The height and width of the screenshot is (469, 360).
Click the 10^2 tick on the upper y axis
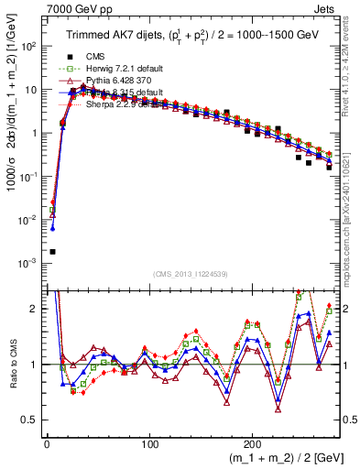[x=28, y=46]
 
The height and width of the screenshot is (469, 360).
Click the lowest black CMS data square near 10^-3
[x=52, y=251]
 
